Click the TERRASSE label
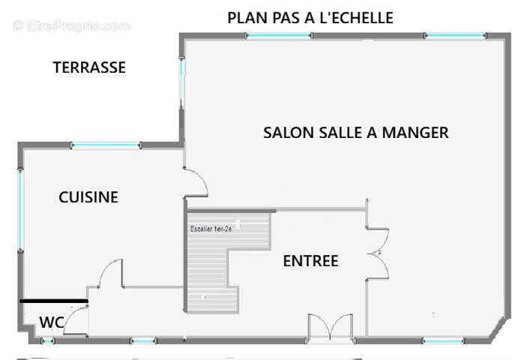pos(89,67)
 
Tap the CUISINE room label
pos(88,197)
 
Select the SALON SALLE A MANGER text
pos(355,133)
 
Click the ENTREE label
pos(310,261)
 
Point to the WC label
pos(51,322)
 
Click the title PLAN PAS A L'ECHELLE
pos(310,18)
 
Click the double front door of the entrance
pos(330,328)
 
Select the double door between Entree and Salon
pos(376,252)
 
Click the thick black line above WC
pos(54,301)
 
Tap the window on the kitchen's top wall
pos(104,145)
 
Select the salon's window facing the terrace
pos(181,82)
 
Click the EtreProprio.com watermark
pos(71,25)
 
